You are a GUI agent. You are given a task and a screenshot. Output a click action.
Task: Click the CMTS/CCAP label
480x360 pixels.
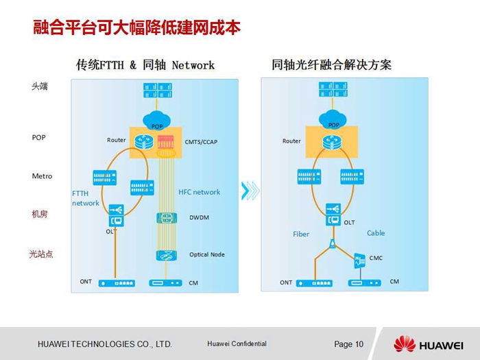point(201,142)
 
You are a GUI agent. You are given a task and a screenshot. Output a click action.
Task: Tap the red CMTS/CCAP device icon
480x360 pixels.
point(166,142)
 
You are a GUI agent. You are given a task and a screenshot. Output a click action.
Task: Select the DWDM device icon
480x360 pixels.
point(167,218)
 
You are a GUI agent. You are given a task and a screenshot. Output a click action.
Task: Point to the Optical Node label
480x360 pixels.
point(207,254)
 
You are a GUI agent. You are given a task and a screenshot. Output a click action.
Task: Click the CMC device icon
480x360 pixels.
point(360,261)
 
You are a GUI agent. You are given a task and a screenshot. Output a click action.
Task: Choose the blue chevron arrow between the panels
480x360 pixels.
point(250,191)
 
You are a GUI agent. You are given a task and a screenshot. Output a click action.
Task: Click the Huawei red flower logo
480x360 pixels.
point(405,344)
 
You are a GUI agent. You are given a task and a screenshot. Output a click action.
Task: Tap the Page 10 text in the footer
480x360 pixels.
point(348,344)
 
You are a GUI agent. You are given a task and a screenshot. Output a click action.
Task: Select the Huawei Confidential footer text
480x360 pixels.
point(237,344)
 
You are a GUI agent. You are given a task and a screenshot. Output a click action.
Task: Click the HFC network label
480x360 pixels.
point(200,192)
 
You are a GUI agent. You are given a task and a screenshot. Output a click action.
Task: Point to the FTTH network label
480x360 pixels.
point(86,198)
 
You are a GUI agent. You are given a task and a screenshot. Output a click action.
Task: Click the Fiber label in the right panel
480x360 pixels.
point(301,235)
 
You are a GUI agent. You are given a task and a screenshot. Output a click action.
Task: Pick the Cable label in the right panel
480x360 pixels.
point(376,233)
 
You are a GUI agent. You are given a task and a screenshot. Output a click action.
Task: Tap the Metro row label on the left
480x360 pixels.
point(42,176)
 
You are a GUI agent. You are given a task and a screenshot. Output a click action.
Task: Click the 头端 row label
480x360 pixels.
point(40,86)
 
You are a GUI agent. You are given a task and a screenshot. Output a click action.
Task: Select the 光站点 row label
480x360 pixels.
point(41,254)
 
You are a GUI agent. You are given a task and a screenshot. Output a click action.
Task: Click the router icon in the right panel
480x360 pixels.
point(332,143)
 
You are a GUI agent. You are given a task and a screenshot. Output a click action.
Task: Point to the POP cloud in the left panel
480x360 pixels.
point(156,120)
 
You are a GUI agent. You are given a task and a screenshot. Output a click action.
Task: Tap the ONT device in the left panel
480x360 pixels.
point(117,283)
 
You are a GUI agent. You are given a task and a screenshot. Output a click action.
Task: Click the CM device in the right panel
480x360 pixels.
point(365,283)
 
